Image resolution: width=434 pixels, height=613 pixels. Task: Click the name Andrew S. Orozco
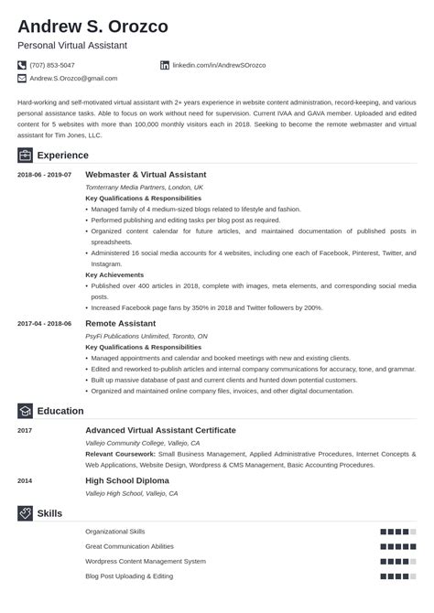pos(92,26)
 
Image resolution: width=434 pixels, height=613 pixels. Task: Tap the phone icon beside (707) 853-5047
pos(22,65)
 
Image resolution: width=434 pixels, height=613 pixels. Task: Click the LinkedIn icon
pos(165,65)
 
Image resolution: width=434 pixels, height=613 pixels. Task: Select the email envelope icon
pos(22,79)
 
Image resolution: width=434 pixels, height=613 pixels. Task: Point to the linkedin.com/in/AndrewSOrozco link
pos(212,65)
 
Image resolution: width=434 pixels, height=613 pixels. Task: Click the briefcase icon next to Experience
pos(25,155)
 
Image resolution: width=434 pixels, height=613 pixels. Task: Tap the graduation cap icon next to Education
pos(25,411)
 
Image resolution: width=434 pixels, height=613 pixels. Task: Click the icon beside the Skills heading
pos(25,513)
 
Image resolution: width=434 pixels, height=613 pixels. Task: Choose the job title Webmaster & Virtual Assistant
pos(146,174)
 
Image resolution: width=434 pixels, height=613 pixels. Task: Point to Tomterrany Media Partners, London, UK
pos(144,187)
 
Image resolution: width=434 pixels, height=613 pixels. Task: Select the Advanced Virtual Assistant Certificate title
pos(160,429)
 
